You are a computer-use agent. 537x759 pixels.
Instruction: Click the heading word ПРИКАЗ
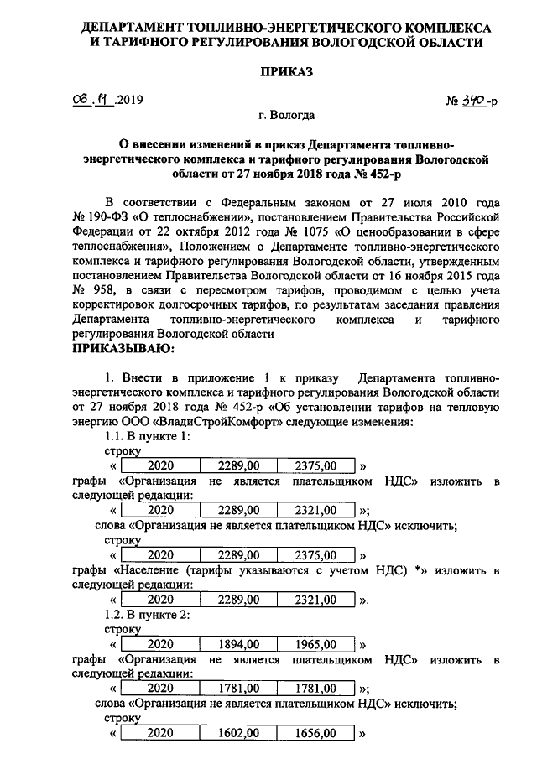coord(269,72)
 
